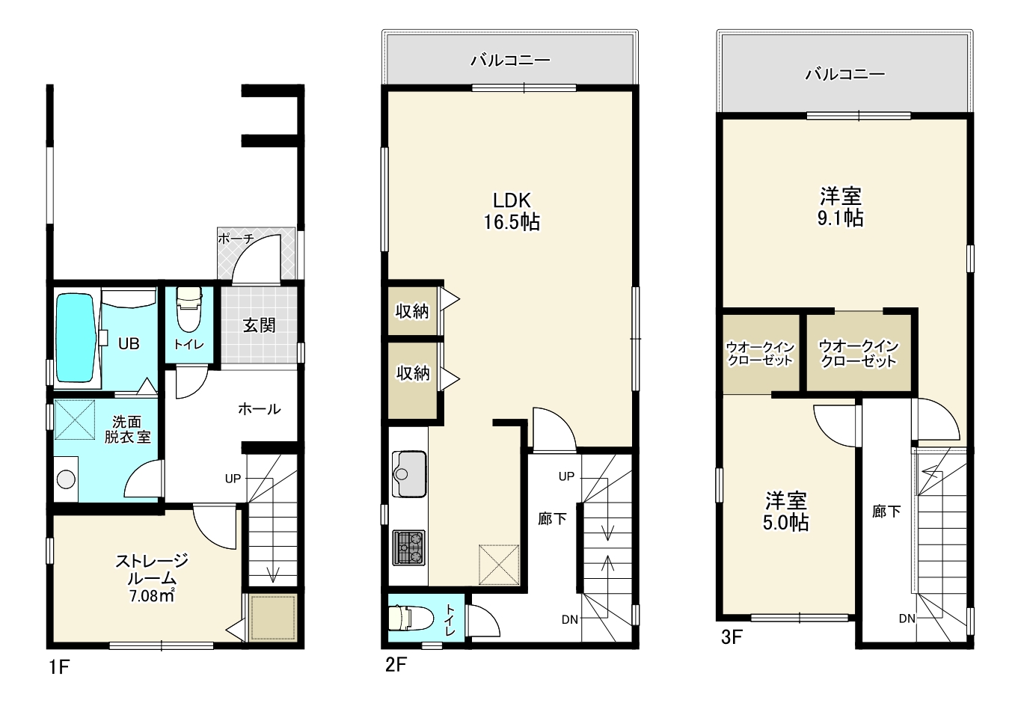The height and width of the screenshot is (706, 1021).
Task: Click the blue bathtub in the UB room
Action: pyautogui.click(x=76, y=338)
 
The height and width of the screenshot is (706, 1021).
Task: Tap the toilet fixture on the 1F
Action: pyautogui.click(x=188, y=310)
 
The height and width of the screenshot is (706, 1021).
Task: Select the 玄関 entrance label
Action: pyautogui.click(x=259, y=325)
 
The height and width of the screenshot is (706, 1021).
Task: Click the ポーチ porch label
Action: pyautogui.click(x=236, y=239)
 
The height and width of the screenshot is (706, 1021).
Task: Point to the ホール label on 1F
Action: pyautogui.click(x=259, y=409)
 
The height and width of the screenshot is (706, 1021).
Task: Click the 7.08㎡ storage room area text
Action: pyautogui.click(x=152, y=596)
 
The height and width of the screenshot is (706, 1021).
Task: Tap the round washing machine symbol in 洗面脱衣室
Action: pyautogui.click(x=66, y=480)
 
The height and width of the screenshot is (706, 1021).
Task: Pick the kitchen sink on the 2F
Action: pyautogui.click(x=409, y=473)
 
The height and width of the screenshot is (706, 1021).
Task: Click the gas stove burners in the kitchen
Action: pyautogui.click(x=409, y=547)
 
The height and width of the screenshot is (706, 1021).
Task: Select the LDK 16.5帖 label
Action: pyautogui.click(x=512, y=212)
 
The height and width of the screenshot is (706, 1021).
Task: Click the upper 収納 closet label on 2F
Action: pyautogui.click(x=412, y=311)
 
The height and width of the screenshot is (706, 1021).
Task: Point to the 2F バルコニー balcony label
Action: pyautogui.click(x=510, y=60)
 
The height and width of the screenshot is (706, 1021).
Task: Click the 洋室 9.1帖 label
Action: pyautogui.click(x=841, y=207)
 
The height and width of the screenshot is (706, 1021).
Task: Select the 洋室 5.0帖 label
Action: pyautogui.click(x=786, y=512)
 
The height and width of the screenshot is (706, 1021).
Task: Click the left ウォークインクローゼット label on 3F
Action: pyautogui.click(x=760, y=354)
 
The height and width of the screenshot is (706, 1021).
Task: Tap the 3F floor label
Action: pyautogui.click(x=732, y=637)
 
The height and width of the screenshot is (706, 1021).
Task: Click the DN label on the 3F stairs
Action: pyautogui.click(x=907, y=618)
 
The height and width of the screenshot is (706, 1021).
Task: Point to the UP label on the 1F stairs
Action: pyautogui.click(x=233, y=479)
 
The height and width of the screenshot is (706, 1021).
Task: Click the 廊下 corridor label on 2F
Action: pyautogui.click(x=552, y=519)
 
